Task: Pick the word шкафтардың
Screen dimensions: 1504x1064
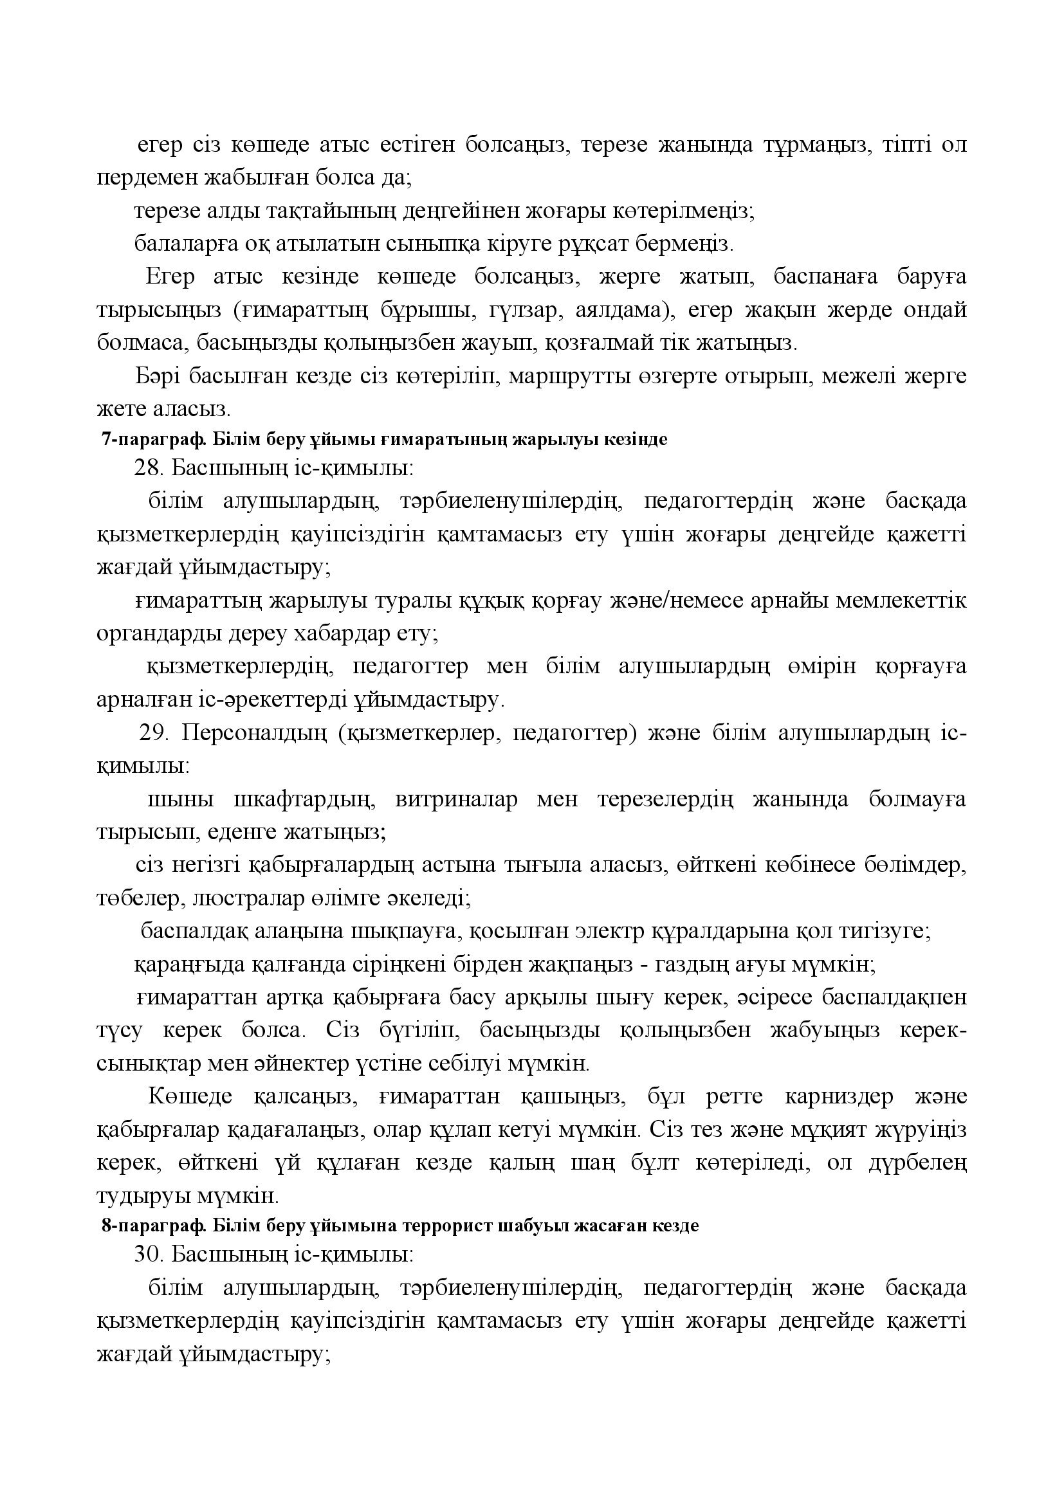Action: [x=304, y=799]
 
